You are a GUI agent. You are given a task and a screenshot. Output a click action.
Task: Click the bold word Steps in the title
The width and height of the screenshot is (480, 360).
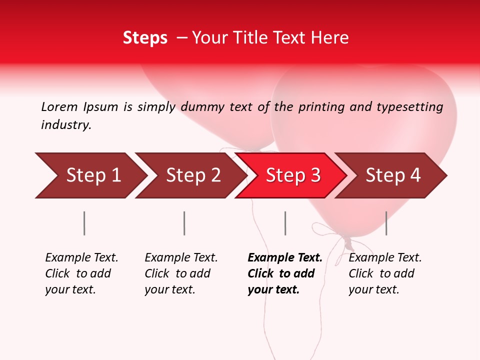[145, 38]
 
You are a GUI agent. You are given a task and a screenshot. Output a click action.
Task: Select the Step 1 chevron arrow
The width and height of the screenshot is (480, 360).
[90, 175]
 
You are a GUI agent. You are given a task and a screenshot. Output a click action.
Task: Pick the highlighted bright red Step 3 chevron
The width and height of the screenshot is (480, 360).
[291, 175]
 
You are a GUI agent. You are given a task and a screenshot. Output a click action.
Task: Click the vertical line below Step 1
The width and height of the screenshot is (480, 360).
[84, 223]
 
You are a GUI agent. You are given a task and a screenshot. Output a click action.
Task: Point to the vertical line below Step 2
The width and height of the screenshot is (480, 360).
[184, 223]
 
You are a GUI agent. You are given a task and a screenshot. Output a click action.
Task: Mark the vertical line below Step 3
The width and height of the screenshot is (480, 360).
[285, 223]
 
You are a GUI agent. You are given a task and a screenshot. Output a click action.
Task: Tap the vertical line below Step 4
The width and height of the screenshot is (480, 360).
[386, 223]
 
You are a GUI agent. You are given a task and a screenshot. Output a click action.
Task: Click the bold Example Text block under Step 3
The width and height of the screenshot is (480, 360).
[284, 273]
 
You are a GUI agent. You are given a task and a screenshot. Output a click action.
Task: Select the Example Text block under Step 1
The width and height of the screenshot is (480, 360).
[81, 273]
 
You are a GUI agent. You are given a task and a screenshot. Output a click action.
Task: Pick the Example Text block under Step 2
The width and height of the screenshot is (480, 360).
[181, 273]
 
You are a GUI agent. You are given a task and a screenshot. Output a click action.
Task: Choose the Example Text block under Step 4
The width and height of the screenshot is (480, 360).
[385, 273]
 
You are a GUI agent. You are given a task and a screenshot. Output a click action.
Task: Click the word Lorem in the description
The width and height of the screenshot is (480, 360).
[59, 106]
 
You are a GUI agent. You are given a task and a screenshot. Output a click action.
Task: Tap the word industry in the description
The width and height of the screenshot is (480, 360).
[66, 125]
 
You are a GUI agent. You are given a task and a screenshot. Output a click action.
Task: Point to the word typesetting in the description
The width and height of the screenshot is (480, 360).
[409, 107]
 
